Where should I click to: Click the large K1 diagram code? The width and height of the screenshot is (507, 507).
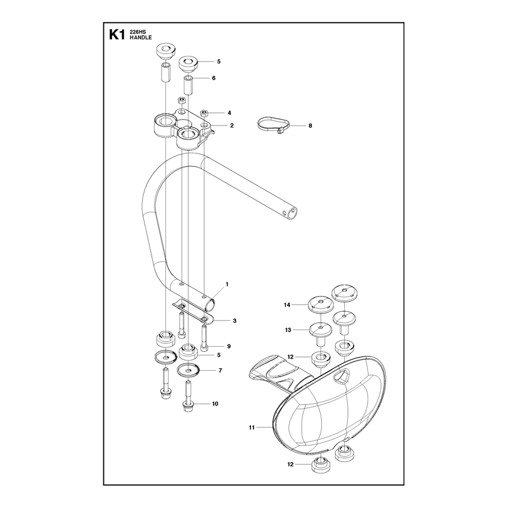(117, 35)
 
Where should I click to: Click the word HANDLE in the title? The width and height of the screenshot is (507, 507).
(141, 37)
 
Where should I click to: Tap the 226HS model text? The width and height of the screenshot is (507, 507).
(138, 32)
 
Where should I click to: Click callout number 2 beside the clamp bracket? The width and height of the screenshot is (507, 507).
(232, 125)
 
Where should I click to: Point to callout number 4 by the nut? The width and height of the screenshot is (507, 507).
(229, 113)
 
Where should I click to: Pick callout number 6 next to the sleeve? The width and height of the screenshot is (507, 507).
(214, 78)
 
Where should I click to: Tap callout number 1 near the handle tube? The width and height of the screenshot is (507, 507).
(227, 284)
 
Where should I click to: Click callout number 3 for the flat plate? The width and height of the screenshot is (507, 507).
(234, 321)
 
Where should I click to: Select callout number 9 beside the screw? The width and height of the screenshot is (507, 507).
(229, 346)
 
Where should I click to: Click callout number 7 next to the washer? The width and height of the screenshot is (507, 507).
(221, 371)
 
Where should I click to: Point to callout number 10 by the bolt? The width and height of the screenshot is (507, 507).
(215, 404)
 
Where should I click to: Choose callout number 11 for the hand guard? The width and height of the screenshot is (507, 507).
(252, 427)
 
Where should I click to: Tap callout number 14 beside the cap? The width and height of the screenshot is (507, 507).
(287, 305)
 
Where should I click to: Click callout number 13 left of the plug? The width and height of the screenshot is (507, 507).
(288, 330)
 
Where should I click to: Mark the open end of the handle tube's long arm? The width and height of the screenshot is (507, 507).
(293, 213)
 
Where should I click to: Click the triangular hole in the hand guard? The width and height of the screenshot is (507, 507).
(341, 376)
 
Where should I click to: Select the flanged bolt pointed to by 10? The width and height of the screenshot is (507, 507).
(188, 397)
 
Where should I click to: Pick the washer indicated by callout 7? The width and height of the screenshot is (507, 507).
(188, 370)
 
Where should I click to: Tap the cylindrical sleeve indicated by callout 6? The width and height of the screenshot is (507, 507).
(188, 85)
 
